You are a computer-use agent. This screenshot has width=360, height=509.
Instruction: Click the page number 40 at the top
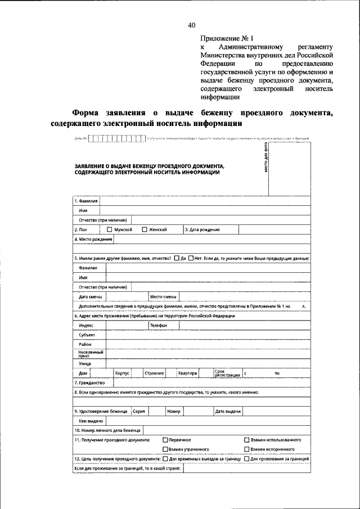(191, 25)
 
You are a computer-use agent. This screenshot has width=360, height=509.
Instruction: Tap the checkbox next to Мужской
(110, 229)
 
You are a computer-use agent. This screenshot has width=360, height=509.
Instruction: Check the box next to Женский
(145, 229)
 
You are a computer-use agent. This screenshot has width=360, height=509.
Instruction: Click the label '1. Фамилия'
(86, 201)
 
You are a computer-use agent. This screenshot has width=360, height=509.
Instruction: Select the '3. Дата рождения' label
(202, 229)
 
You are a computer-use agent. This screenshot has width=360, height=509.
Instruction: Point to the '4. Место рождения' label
(93, 239)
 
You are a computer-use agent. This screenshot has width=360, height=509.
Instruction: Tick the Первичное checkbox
(165, 439)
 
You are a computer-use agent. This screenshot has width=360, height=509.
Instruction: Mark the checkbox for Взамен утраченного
(165, 449)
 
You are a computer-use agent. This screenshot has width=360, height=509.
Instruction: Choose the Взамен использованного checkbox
(246, 439)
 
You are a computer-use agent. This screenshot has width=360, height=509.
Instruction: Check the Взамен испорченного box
(246, 449)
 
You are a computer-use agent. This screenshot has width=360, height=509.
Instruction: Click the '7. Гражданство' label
(89, 382)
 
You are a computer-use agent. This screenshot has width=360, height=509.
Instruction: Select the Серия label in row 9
(138, 412)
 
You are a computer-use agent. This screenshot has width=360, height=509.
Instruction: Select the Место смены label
(163, 296)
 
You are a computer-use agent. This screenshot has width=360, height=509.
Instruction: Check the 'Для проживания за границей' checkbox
(246, 459)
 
